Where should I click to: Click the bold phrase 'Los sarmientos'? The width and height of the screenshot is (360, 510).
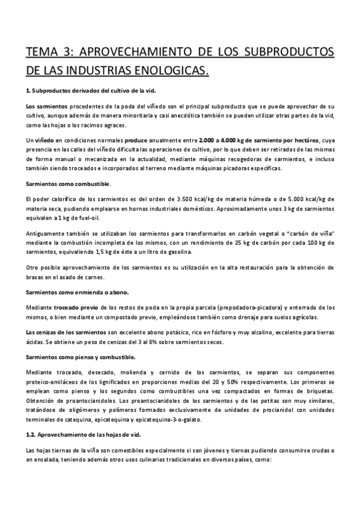pos(43,106)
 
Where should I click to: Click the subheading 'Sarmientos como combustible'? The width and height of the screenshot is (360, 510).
pos(67,182)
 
